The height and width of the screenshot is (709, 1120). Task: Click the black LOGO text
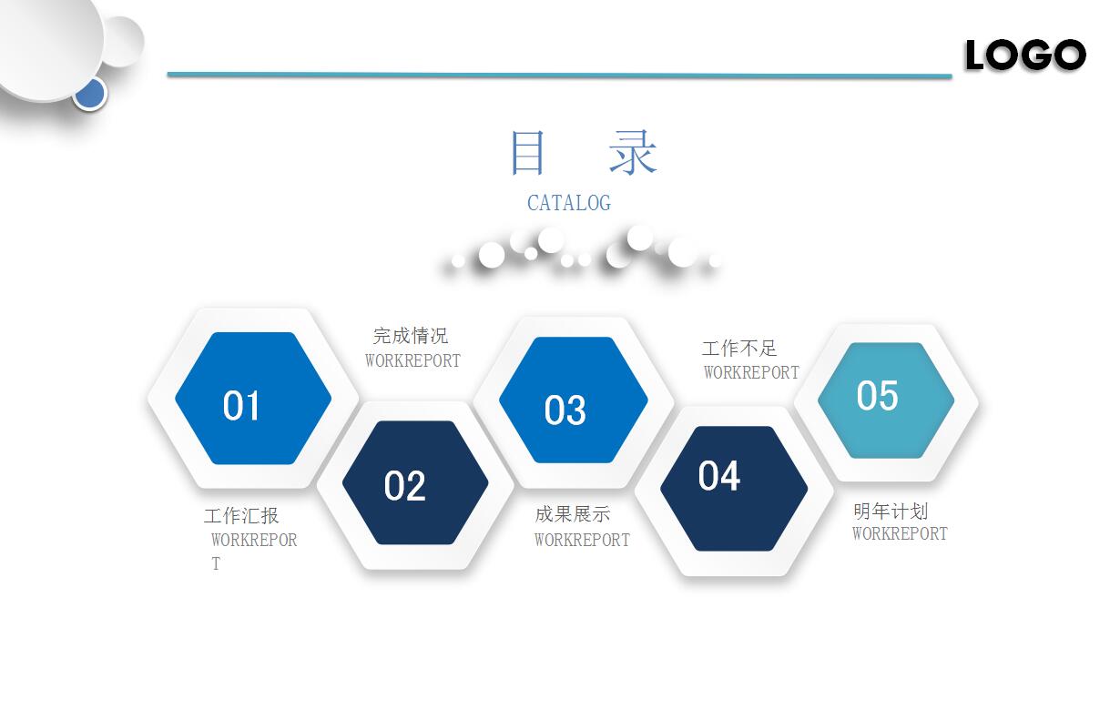pyautogui.click(x=1025, y=56)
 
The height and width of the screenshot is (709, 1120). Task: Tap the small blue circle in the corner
pyautogui.click(x=90, y=93)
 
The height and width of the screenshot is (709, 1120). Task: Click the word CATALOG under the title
pyautogui.click(x=569, y=203)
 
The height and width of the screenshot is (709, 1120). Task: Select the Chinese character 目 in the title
pyautogui.click(x=527, y=153)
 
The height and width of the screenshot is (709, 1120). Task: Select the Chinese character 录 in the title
pyautogui.click(x=633, y=153)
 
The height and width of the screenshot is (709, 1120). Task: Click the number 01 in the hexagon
pyautogui.click(x=241, y=406)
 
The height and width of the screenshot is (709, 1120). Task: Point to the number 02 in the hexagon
pyautogui.click(x=404, y=486)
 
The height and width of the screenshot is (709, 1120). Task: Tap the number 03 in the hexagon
pyautogui.click(x=565, y=411)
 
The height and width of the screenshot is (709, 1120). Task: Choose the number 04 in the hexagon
pyautogui.click(x=718, y=476)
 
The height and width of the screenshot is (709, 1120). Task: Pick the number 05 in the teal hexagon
pyautogui.click(x=877, y=396)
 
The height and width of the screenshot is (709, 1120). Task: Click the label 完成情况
pyautogui.click(x=411, y=336)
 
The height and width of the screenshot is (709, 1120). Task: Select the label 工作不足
pyautogui.click(x=739, y=348)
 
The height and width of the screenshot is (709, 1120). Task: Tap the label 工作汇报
pyautogui.click(x=241, y=516)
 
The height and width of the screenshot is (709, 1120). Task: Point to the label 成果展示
pyautogui.click(x=572, y=514)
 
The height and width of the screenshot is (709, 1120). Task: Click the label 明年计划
pyautogui.click(x=891, y=511)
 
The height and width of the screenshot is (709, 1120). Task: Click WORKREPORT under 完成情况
pyautogui.click(x=412, y=360)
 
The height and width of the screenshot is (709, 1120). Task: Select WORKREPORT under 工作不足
pyautogui.click(x=751, y=372)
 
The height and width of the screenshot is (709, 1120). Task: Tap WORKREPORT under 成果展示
pyautogui.click(x=582, y=540)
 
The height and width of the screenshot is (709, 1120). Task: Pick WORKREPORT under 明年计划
pyautogui.click(x=900, y=534)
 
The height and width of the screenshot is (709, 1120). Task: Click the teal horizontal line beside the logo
pyautogui.click(x=559, y=75)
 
